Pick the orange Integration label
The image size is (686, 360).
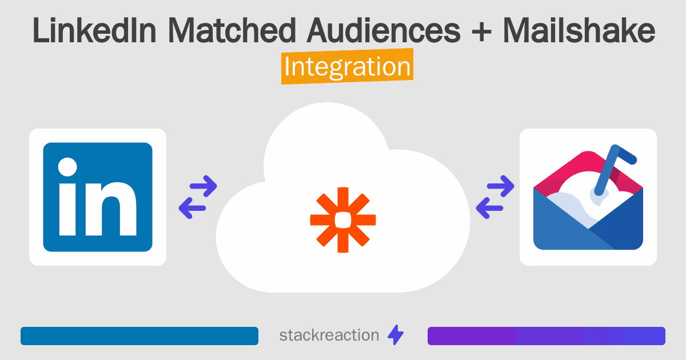[x=347, y=67]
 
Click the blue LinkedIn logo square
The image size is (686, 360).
[x=98, y=197]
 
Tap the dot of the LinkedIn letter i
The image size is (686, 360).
[x=67, y=167]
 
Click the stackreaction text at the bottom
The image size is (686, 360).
[x=329, y=335]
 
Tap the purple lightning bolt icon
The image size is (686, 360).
[x=396, y=335]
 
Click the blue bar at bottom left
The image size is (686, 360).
[x=139, y=336]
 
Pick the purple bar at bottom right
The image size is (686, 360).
[x=546, y=336]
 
